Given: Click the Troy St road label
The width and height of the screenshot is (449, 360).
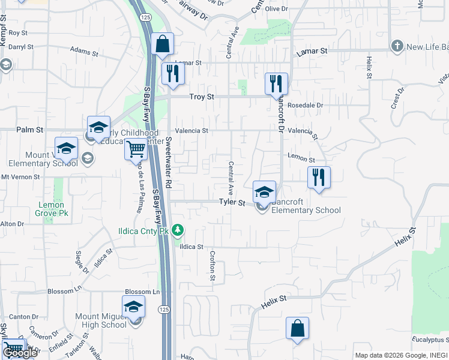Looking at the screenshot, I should pyautogui.click(x=202, y=97).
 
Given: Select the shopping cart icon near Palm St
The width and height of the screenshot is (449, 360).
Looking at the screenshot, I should pyautogui.click(x=136, y=149).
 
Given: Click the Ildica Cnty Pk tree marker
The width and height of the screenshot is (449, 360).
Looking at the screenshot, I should pyautogui.click(x=177, y=230).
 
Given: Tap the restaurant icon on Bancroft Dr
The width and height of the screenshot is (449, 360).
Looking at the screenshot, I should pyautogui.click(x=276, y=83).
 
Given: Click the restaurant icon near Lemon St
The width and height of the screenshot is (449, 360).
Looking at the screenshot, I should pyautogui.click(x=319, y=177).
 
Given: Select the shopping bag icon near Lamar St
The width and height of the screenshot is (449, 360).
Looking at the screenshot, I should pyautogui.click(x=162, y=44).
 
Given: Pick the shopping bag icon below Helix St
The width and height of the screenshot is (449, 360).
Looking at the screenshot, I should pyautogui.click(x=297, y=328).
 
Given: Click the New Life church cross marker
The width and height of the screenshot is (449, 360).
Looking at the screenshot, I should pyautogui.click(x=397, y=46).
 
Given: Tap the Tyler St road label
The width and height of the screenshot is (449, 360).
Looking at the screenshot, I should pyautogui.click(x=232, y=203).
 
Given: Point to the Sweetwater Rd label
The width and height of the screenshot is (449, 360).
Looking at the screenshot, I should pyautogui.click(x=169, y=161).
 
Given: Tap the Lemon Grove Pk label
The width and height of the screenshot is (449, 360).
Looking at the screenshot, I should pyautogui.click(x=51, y=209).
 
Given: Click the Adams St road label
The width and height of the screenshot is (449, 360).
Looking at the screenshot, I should pyautogui.click(x=84, y=52).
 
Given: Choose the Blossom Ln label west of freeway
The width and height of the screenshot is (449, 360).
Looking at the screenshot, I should pyautogui.click(x=64, y=292).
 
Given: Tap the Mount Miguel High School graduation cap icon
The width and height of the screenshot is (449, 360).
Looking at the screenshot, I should pyautogui.click(x=133, y=307).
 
